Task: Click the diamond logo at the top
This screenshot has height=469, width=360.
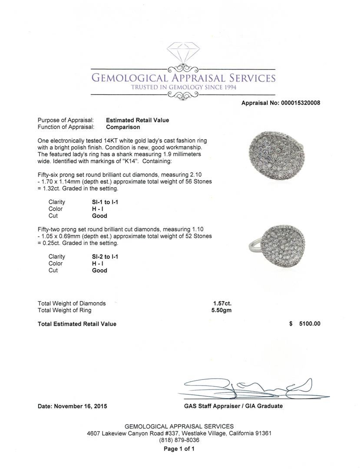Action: pyautogui.click(x=182, y=54)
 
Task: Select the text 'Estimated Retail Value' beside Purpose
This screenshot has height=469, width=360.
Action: pyautogui.click(x=137, y=120)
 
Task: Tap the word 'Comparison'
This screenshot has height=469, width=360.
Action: pyautogui.click(x=123, y=127)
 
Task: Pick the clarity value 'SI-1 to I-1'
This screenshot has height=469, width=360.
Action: pyautogui.click(x=105, y=202)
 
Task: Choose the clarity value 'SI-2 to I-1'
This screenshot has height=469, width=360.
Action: pyautogui.click(x=105, y=257)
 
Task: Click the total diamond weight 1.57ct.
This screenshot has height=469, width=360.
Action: pyautogui.click(x=222, y=304)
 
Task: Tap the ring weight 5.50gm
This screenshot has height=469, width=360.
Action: pyautogui.click(x=222, y=310)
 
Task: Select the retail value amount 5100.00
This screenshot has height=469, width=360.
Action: pyautogui.click(x=309, y=324)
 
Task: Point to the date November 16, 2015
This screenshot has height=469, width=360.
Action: pyautogui.click(x=72, y=406)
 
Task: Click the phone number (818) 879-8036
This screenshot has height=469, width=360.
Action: pyautogui.click(x=179, y=440)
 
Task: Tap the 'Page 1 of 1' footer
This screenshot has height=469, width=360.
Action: pyautogui.click(x=179, y=449)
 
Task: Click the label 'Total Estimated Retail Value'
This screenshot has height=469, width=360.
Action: pyautogui.click(x=77, y=324)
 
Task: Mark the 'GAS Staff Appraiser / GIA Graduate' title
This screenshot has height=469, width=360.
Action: pyautogui.click(x=233, y=406)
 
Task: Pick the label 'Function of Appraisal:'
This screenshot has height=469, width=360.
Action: pyautogui.click(x=66, y=127)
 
